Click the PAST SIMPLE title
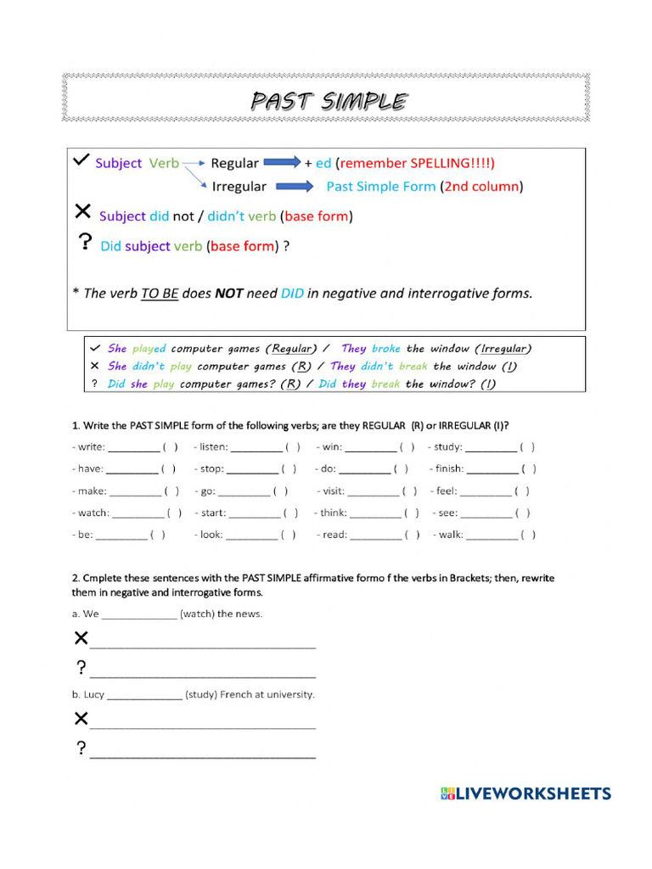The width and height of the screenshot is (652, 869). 328,102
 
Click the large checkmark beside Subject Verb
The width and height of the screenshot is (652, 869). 81,160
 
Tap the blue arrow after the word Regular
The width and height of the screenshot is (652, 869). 282,162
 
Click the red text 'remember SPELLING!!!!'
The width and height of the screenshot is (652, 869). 415,163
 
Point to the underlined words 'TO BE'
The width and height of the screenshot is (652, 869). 159,294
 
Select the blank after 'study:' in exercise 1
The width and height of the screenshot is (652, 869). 491,447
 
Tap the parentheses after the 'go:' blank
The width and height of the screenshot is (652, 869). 279,491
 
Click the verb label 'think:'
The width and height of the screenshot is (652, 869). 331,513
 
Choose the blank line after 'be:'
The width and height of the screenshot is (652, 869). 121,535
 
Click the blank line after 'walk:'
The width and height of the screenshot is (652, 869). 492,535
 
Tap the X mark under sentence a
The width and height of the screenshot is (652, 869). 81,638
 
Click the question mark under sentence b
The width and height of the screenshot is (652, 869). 81,748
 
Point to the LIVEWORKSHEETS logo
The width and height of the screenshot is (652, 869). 526,793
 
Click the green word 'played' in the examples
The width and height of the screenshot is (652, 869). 149,349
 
